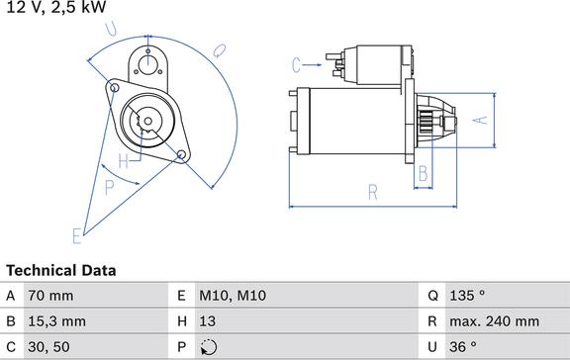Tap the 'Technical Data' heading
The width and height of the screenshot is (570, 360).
[x=61, y=270]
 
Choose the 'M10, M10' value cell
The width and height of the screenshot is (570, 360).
[x=234, y=296]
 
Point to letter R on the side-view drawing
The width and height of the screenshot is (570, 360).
[x=373, y=191]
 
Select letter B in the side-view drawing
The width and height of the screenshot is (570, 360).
[x=421, y=174]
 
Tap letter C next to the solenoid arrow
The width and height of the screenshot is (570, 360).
[x=295, y=65]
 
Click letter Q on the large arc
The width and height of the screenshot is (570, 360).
[x=219, y=50]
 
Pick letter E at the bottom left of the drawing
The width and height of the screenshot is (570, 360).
[x=76, y=234]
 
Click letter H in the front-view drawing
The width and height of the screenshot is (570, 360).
[x=124, y=160]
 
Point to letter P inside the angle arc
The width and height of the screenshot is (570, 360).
[x=110, y=185]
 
